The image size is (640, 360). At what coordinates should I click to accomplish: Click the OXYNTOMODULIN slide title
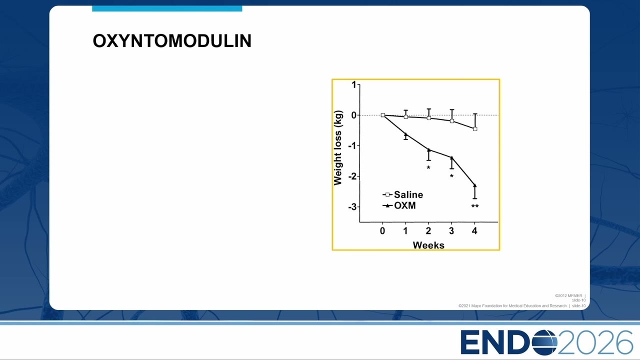172,41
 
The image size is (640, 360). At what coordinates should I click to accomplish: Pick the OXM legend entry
399,205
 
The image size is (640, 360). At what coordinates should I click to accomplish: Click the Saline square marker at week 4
475,129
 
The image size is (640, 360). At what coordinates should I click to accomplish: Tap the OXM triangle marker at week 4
475,185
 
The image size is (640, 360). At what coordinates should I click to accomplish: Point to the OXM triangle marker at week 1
405,134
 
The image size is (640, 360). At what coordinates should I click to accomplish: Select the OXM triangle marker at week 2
428,149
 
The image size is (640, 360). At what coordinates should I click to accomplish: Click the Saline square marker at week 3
451,121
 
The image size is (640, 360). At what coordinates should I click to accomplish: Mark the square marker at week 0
383,115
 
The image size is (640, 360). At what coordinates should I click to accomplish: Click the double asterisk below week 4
475,206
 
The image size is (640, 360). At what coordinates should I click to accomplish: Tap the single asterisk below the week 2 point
428,167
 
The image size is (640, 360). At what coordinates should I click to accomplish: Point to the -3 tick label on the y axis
352,207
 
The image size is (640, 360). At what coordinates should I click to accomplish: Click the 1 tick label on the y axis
354,85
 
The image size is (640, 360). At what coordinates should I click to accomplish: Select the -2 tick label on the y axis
352,176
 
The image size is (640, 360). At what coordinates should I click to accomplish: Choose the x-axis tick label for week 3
451,231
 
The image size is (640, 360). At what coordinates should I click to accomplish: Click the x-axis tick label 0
382,231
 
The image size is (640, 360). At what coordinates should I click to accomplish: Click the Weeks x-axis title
428,245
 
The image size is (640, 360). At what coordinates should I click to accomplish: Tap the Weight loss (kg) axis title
337,147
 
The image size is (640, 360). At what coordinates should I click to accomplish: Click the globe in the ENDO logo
544,342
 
